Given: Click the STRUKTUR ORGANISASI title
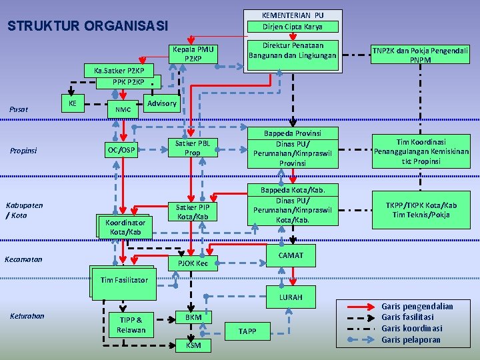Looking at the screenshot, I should tap(87, 26).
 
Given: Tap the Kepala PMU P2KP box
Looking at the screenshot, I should tap(193, 54).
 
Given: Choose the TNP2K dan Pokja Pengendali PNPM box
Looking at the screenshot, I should tap(420, 55).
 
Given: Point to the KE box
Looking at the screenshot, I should tap(72, 103).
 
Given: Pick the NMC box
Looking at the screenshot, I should tap(123, 109).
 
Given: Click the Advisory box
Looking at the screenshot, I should tap(162, 103).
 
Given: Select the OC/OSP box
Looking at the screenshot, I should tap(122, 150).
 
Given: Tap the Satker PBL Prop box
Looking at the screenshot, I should tap(192, 148).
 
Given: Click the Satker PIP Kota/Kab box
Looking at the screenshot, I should tap(193, 211).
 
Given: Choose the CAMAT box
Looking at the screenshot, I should tap(291, 255).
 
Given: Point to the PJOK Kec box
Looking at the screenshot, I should tap(193, 263).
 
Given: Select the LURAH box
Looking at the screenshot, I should tap(291, 297).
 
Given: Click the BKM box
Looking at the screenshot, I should tap(193, 317).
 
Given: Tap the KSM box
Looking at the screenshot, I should tap(193, 345).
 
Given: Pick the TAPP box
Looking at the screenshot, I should tap(247, 331).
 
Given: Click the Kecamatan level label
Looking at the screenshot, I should tap(23, 259).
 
